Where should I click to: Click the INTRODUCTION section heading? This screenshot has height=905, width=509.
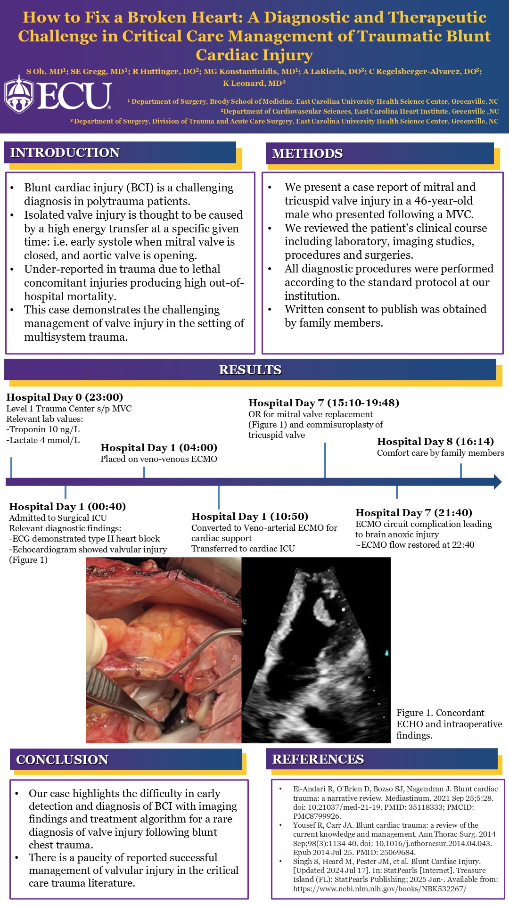(x=65, y=153)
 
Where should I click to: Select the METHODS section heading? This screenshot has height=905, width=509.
(x=307, y=154)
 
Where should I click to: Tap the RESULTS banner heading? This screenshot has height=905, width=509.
(x=250, y=370)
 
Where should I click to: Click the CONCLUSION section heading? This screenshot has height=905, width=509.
(x=63, y=760)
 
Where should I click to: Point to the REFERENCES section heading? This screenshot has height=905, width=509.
(x=318, y=759)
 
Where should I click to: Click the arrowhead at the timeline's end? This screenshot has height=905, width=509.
(x=498, y=482)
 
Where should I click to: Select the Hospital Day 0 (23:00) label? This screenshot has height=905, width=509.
(x=65, y=397)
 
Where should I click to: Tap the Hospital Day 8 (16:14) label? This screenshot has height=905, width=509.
(x=435, y=442)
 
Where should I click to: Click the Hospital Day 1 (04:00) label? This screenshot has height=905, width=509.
(x=159, y=448)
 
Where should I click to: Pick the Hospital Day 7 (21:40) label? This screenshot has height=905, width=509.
(x=414, y=513)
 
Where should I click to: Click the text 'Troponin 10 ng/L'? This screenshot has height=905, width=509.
(x=44, y=429)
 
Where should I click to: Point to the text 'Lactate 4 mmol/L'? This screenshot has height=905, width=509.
(x=44, y=440)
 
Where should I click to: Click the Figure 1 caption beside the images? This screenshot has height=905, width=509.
(x=449, y=724)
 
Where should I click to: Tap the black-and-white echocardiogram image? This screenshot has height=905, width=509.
(x=316, y=650)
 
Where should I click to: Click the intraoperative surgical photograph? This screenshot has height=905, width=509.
(x=164, y=650)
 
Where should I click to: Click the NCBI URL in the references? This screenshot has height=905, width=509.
(x=379, y=889)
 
